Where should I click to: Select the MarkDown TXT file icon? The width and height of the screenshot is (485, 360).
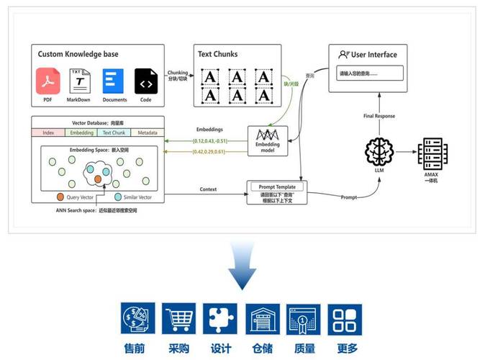(79, 81)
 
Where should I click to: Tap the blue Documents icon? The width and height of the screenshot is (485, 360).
(114, 81)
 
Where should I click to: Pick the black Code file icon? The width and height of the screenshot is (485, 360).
(145, 81)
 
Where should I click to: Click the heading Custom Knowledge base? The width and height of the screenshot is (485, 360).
(79, 54)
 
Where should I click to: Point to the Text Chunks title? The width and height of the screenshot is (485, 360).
(217, 54)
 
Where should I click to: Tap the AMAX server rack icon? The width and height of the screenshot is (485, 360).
(432, 153)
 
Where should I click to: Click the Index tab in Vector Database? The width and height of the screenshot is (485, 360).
(48, 132)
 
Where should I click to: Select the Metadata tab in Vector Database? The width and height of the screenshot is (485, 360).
(148, 132)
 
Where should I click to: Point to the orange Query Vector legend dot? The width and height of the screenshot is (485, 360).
(60, 197)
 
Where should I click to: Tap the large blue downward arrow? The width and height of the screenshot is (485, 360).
(242, 266)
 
